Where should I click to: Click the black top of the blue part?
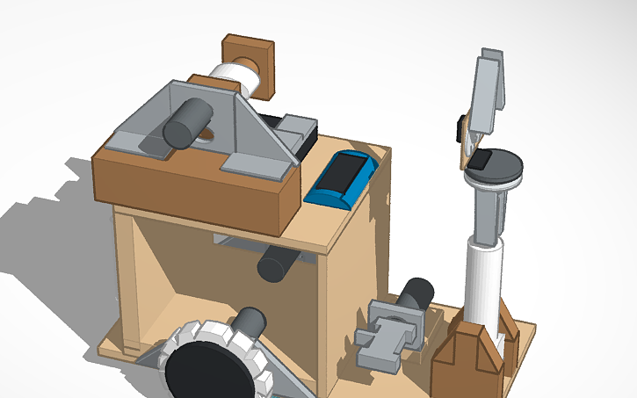[x=344, y=171]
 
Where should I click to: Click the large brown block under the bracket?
[x=193, y=189]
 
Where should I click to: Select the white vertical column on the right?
[x=482, y=281]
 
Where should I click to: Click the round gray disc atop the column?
[x=501, y=165]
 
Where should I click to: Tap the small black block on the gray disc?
[x=480, y=160]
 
